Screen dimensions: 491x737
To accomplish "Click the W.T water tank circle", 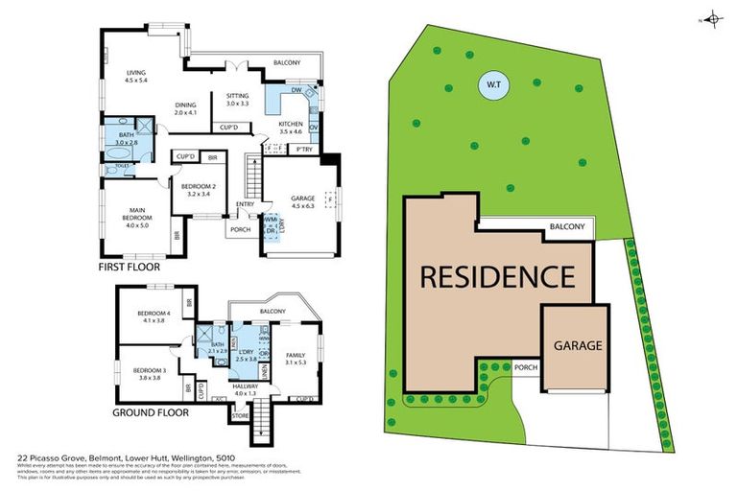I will click(494, 85).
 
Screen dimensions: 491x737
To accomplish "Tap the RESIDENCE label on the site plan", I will click(496, 277).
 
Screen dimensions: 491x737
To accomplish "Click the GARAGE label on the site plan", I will click(576, 345).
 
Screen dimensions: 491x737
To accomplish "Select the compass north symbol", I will click(712, 18).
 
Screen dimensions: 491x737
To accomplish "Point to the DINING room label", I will click(185, 109).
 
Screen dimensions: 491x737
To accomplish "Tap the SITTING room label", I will click(237, 99).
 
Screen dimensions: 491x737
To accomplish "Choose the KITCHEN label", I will click(291, 129).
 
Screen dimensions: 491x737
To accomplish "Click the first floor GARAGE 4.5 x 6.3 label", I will click(302, 201).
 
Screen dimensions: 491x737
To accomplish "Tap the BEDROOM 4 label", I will click(154, 317).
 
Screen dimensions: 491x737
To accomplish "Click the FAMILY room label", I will click(295, 358).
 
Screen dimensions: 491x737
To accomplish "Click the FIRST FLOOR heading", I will click(133, 268).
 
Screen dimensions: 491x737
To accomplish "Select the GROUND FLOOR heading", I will click(150, 413).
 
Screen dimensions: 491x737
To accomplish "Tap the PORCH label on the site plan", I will click(524, 366).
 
